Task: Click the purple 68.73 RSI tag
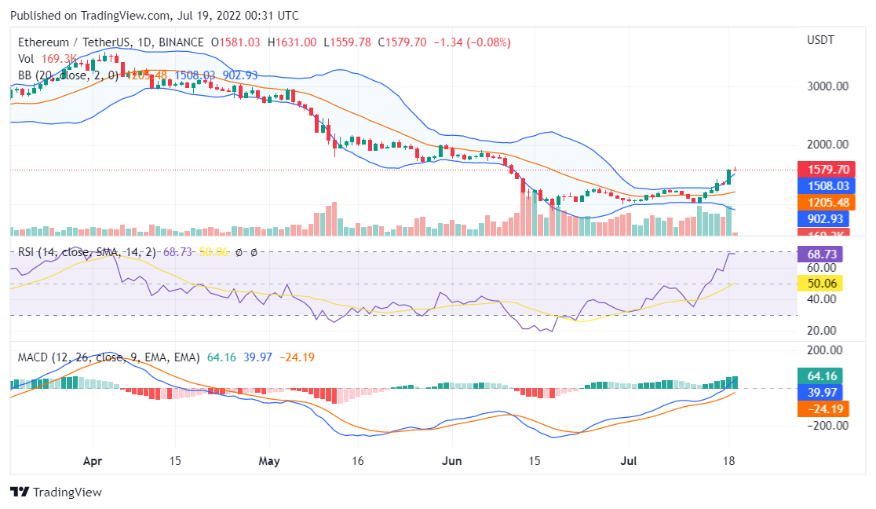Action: click(x=821, y=254)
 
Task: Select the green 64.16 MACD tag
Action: click(x=821, y=375)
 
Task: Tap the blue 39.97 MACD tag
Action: click(x=821, y=392)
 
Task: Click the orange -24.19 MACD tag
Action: click(x=821, y=408)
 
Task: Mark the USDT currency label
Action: click(x=821, y=40)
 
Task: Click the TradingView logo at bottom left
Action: click(x=57, y=493)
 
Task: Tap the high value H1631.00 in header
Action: click(x=292, y=42)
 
